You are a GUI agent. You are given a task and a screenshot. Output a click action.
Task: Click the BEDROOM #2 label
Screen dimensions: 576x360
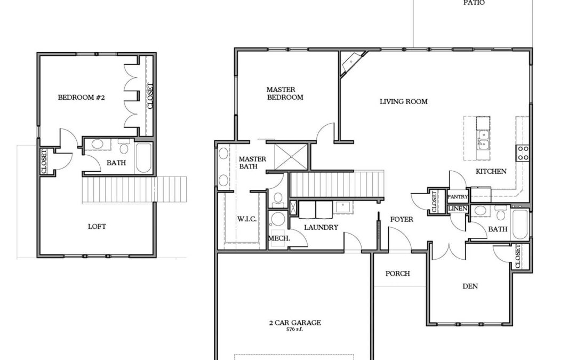pyautogui.click(x=81, y=98)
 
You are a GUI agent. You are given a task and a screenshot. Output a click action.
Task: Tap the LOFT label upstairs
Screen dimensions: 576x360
pyautogui.click(x=97, y=227)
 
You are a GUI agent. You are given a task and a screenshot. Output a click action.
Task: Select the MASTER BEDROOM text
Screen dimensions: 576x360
pyautogui.click(x=285, y=93)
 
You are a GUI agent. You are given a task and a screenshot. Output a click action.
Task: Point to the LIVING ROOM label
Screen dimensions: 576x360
pyautogui.click(x=403, y=101)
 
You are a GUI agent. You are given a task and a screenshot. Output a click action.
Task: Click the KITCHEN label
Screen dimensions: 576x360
pyautogui.click(x=491, y=171)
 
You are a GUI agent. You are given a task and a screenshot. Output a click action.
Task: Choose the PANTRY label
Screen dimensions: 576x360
pyautogui.click(x=458, y=197)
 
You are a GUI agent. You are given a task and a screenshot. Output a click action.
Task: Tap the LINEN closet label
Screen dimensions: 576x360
pyautogui.click(x=458, y=209)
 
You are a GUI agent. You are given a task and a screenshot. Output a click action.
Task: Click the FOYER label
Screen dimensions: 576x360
pyautogui.click(x=402, y=219)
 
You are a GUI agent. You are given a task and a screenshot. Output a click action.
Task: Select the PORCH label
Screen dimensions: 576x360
pyautogui.click(x=397, y=274)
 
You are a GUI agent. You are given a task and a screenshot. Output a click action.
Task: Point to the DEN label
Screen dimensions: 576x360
pyautogui.click(x=470, y=286)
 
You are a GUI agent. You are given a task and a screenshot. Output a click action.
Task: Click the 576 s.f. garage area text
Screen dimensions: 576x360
pyautogui.click(x=294, y=329)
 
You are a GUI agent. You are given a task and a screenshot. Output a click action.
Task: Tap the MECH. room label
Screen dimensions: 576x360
pyautogui.click(x=279, y=238)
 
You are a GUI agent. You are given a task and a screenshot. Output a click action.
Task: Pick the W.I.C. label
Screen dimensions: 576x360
pyautogui.click(x=246, y=219)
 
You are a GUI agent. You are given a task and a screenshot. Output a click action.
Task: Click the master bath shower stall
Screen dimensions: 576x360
pyautogui.click(x=291, y=157)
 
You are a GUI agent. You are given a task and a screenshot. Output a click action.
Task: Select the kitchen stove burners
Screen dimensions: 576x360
pyautogui.click(x=523, y=153)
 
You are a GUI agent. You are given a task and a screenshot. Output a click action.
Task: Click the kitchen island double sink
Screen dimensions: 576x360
pyautogui.click(x=483, y=140)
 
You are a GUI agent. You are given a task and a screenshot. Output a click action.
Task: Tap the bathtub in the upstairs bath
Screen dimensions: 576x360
pyautogui.click(x=143, y=157)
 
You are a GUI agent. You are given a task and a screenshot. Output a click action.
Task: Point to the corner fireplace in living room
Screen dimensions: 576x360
pyautogui.click(x=353, y=62)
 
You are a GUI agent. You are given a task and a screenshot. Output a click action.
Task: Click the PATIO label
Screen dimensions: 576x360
pyautogui.click(x=474, y=3)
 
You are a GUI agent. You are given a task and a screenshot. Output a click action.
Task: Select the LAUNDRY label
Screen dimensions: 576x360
pyautogui.click(x=321, y=227)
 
